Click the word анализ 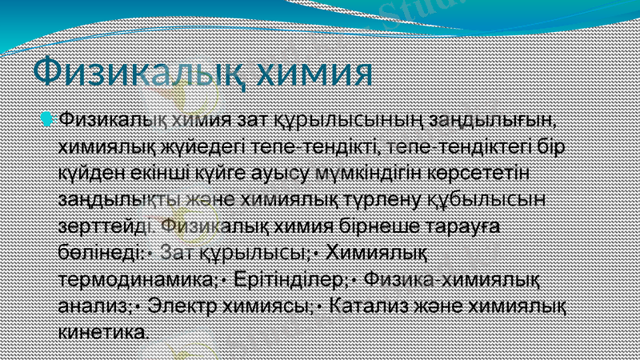click(93, 306)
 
